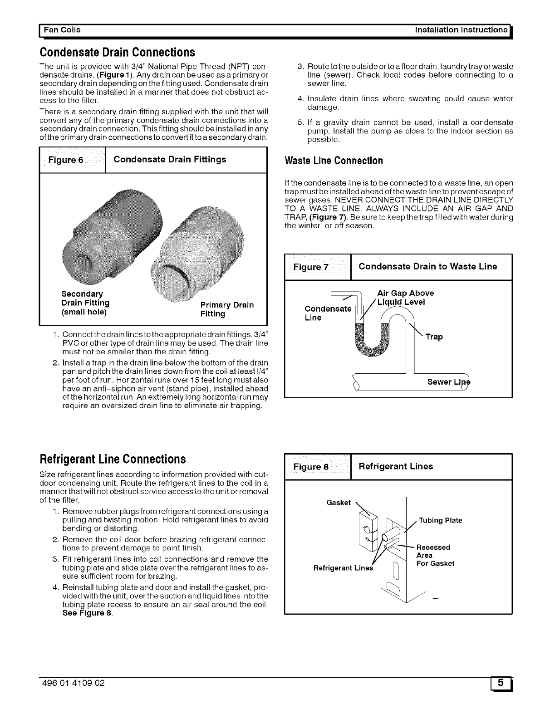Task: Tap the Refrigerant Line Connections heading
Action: pyautogui.click(x=113, y=459)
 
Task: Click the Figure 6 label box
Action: pyautogui.click(x=73, y=160)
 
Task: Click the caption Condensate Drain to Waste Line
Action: pyautogui.click(x=427, y=266)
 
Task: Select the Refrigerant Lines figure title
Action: pyautogui.click(x=396, y=466)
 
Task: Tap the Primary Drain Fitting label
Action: pyautogui.click(x=226, y=309)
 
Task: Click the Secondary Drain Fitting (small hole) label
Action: pyautogui.click(x=85, y=303)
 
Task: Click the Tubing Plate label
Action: pyautogui.click(x=440, y=520)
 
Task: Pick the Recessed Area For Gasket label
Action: pyautogui.click(x=435, y=555)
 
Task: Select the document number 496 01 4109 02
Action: pyautogui.click(x=73, y=683)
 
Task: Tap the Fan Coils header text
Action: pyautogui.click(x=62, y=30)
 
